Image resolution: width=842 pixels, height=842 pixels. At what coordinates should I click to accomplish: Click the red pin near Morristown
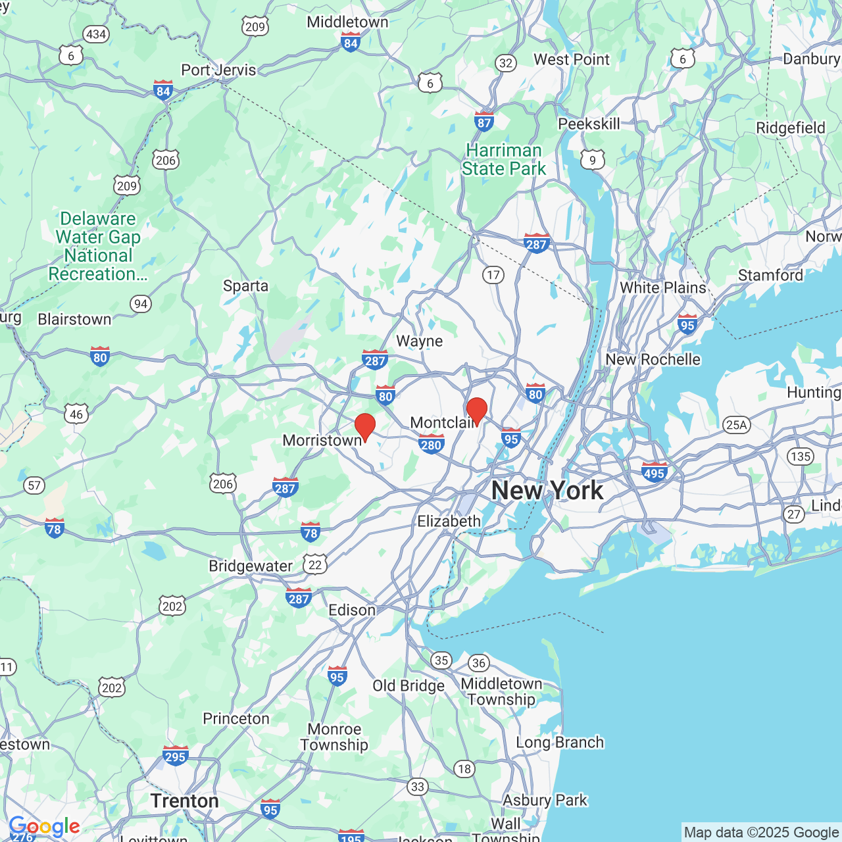click(x=364, y=426)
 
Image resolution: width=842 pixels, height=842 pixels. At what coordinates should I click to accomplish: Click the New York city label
click(x=547, y=490)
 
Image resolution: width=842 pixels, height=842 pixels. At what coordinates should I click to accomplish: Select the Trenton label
click(x=184, y=801)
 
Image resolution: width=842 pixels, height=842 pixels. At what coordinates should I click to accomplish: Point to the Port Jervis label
click(x=218, y=70)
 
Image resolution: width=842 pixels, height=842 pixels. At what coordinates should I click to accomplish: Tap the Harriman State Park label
click(x=504, y=160)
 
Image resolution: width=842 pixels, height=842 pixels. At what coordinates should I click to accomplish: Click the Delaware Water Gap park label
click(x=98, y=246)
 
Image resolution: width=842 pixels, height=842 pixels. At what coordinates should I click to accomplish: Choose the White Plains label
click(x=662, y=287)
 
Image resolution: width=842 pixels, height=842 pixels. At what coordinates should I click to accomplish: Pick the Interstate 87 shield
click(x=484, y=121)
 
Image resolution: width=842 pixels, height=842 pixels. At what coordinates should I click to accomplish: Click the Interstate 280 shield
click(x=431, y=444)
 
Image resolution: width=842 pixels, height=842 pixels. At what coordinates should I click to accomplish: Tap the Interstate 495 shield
click(x=654, y=472)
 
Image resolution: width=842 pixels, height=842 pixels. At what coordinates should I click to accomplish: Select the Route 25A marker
click(x=736, y=424)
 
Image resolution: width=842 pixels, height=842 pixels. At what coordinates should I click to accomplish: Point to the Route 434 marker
click(x=96, y=34)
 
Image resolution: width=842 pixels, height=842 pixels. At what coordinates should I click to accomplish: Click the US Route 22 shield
click(x=315, y=564)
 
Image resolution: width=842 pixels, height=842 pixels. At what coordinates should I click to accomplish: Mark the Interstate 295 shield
click(x=175, y=756)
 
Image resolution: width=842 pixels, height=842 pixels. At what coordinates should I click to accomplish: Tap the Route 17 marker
click(x=493, y=275)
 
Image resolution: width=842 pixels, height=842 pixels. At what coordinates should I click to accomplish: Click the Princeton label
click(x=236, y=718)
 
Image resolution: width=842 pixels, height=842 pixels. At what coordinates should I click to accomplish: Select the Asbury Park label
click(x=545, y=800)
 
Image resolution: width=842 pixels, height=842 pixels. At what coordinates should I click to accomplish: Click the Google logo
click(x=44, y=826)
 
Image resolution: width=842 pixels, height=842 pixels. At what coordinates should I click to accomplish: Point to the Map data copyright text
click(x=761, y=832)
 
